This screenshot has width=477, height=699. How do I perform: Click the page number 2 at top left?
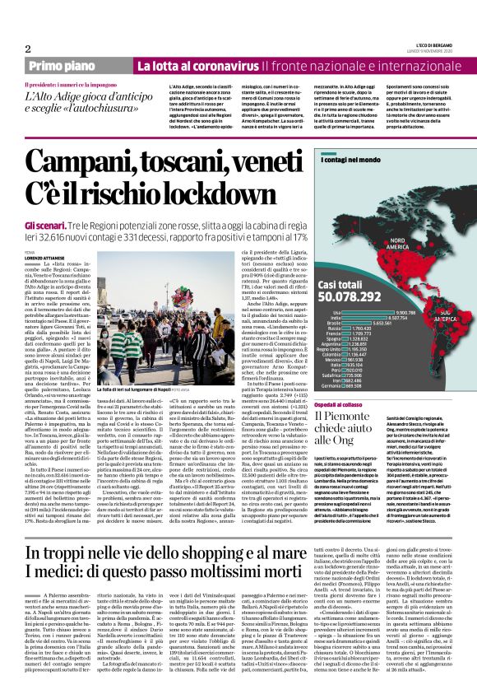pos(27,49)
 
